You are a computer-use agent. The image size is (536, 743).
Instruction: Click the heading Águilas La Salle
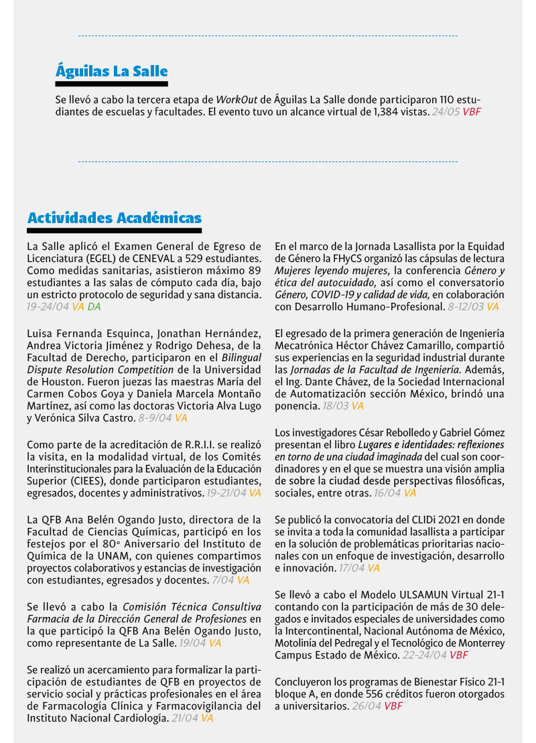(111, 71)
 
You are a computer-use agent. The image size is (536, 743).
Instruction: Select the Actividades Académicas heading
(114, 218)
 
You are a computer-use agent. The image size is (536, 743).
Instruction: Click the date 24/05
(446, 112)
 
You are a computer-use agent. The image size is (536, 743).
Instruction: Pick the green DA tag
(94, 307)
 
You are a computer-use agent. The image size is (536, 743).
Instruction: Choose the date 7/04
(221, 580)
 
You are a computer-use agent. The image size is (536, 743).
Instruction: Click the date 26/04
(366, 707)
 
